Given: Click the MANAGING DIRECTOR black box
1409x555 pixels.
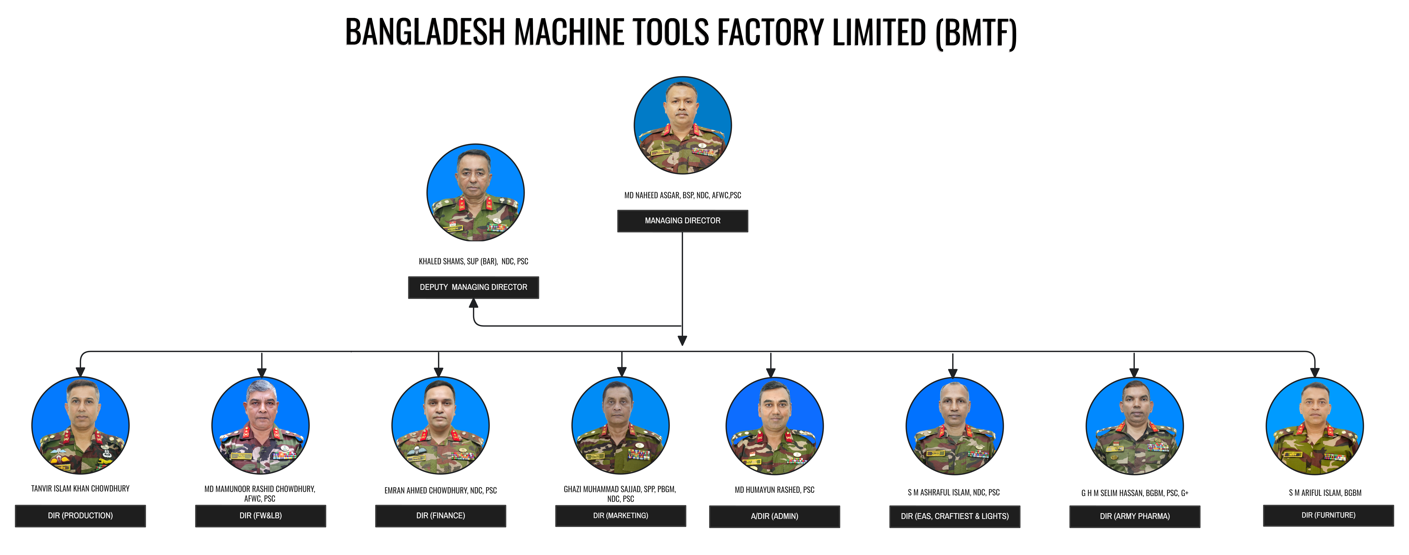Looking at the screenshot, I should point(682,220).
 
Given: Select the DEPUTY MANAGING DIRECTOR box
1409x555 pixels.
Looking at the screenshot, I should point(473,287).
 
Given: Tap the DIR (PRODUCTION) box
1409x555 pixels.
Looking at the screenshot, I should point(80,516).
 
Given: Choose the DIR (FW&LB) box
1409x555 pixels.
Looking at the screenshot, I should point(260,516).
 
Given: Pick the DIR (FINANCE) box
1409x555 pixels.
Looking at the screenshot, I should point(440,516).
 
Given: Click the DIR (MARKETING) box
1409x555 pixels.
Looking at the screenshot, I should point(620,516).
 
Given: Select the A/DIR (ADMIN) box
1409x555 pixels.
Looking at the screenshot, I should point(774,516).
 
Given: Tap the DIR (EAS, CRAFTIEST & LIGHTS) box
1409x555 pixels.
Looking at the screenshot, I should point(954,516).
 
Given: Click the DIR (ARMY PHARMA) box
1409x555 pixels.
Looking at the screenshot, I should point(1134,516).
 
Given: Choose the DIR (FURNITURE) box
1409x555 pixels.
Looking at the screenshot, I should point(1328,515).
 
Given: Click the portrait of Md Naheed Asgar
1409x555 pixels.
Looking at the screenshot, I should point(682,125).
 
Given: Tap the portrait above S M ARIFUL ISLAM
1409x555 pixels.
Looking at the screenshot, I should point(1314,426).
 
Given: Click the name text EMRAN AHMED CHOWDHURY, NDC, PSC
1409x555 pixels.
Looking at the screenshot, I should point(440,490).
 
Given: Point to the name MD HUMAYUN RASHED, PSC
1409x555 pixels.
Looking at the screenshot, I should point(774,490).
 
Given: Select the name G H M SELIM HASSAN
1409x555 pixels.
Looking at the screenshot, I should point(1134,493).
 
